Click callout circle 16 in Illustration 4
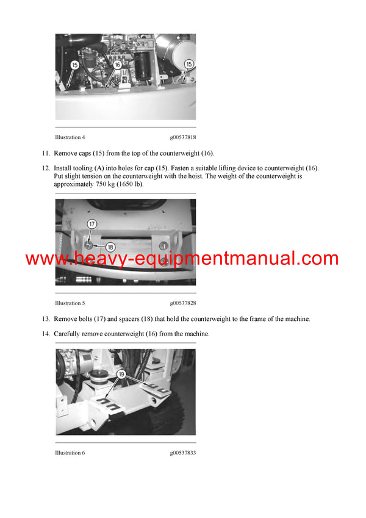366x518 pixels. coord(117,64)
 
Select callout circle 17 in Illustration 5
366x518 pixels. coord(91,224)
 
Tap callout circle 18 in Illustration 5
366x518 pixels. coord(110,247)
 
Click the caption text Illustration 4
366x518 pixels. coord(70,137)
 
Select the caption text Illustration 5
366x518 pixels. coord(70,303)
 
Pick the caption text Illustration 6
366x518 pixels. coord(70,453)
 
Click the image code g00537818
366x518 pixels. coord(183,137)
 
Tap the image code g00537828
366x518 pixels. coord(183,303)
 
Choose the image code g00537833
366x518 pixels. coord(183,453)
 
